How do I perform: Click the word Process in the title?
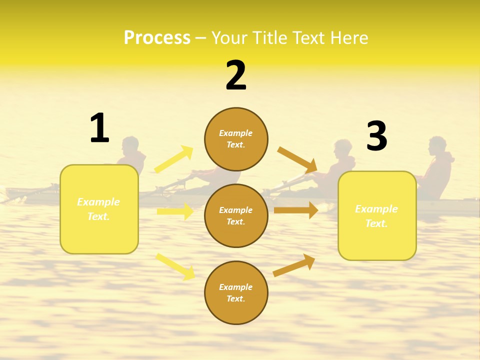click(157, 38)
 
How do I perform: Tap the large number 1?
click(99, 128)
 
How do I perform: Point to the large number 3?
click(377, 136)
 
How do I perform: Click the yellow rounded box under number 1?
click(99, 209)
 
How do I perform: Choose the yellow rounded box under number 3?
click(377, 216)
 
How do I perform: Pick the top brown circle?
click(236, 139)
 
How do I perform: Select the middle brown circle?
click(236, 216)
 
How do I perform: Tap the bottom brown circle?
click(236, 293)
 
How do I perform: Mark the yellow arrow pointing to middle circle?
click(175, 211)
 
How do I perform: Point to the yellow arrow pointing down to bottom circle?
click(175, 266)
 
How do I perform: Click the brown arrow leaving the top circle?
click(297, 159)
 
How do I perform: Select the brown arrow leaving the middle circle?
click(296, 210)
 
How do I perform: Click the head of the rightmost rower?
click(437, 145)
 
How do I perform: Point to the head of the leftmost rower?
click(130, 145)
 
